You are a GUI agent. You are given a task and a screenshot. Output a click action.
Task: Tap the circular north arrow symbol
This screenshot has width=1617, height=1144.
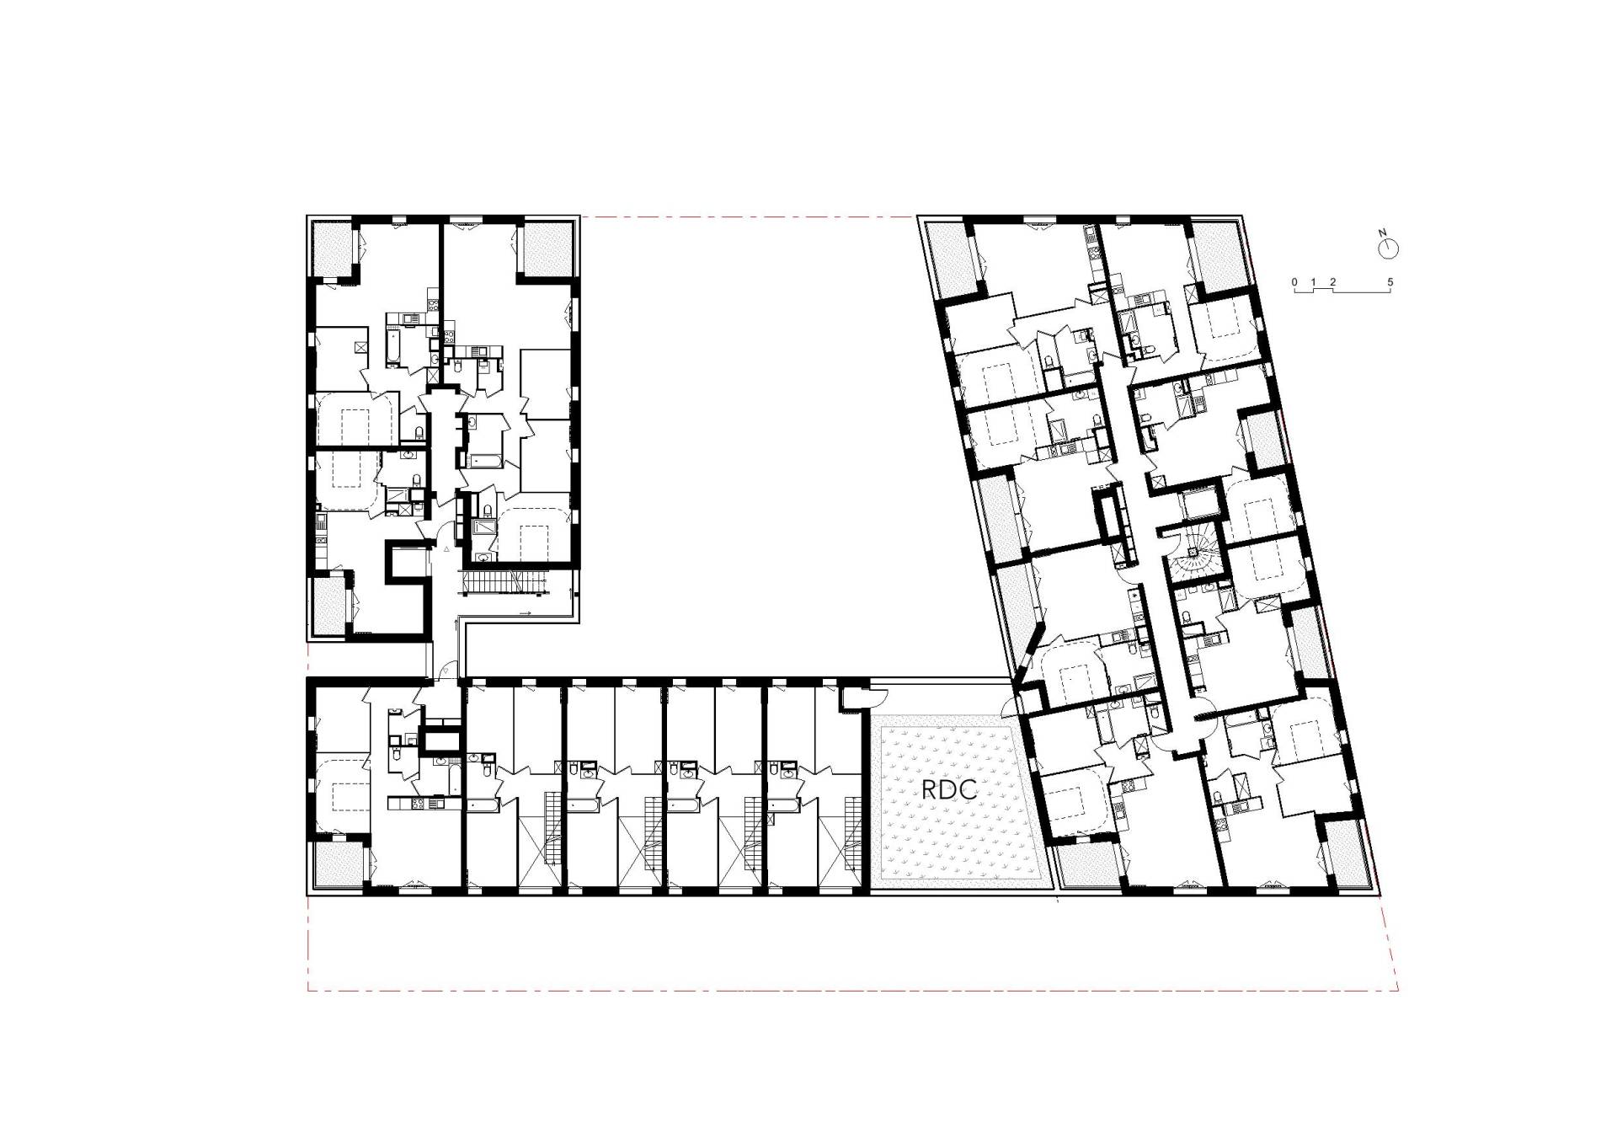pos(1389,249)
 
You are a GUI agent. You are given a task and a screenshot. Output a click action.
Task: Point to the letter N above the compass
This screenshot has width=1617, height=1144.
pos(1382,232)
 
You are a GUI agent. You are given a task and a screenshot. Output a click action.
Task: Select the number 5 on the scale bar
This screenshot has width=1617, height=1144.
pos(1390,281)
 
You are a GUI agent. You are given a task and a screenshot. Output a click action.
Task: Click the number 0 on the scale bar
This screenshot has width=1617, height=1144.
pos(1295,281)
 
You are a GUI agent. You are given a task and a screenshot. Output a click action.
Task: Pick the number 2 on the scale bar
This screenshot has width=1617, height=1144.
pos(1332,281)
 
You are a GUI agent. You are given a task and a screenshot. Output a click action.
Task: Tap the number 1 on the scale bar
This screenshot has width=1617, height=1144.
pos(1314,281)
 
